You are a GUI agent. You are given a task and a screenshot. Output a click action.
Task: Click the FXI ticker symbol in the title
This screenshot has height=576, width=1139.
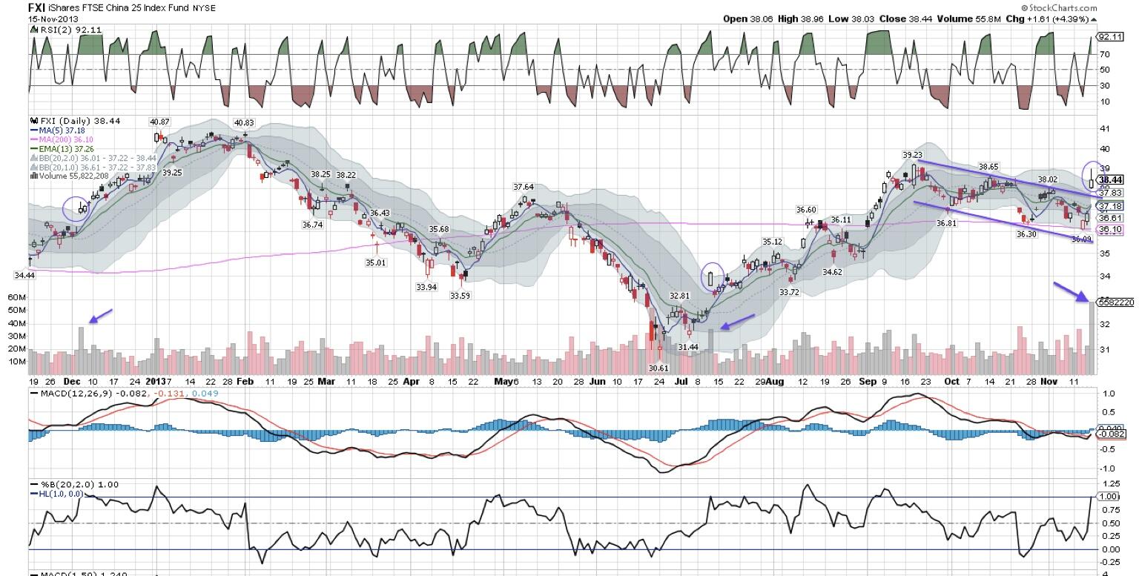37,7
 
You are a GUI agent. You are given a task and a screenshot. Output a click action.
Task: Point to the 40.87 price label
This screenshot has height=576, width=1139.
159,122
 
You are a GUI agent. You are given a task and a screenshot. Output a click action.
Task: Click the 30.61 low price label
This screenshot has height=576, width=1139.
658,368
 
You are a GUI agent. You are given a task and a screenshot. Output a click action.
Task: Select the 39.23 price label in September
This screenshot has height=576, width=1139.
913,155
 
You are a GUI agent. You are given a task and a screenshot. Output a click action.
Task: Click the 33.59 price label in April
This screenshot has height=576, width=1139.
460,296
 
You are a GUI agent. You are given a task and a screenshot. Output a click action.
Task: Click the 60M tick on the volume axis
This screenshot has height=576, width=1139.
16,297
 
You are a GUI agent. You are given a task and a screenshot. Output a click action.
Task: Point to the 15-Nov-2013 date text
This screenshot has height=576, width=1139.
53,19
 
